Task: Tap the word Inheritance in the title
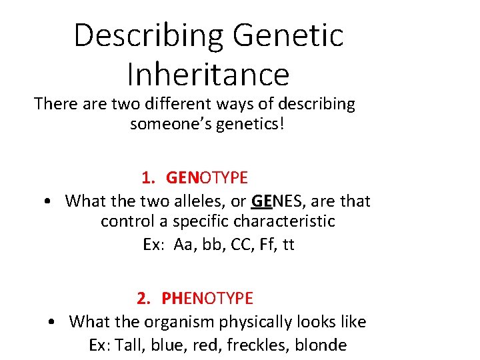coord(208,75)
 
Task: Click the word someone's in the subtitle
coord(171,124)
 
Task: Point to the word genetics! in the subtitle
coord(251,124)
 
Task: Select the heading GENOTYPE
coord(207,178)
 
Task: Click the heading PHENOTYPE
coord(207,298)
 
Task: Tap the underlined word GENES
coord(276,201)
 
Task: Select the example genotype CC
coord(241,245)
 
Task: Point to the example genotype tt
coord(289,245)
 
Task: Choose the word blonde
coord(323,345)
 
